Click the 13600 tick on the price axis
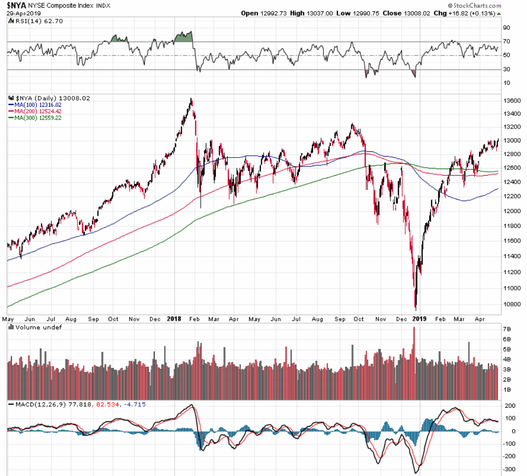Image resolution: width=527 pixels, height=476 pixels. [x=512, y=101]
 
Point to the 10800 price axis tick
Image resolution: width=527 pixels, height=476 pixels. [x=512, y=304]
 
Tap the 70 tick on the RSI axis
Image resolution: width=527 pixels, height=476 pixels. [x=507, y=42]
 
